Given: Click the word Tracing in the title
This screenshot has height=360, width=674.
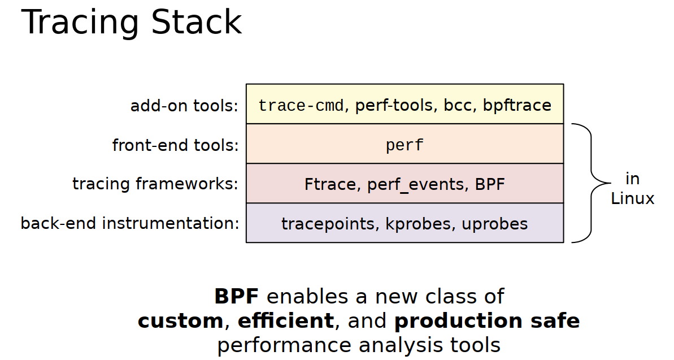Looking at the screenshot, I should (80, 24).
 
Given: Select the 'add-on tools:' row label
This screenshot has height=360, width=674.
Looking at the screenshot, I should (184, 106).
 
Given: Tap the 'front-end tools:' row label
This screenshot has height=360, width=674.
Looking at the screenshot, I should (175, 145).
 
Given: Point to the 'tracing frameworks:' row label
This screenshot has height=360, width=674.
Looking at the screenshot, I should (155, 184).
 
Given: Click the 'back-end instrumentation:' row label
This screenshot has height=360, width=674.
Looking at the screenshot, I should (130, 223).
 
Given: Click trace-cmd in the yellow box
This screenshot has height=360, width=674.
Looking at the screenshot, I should (301, 105).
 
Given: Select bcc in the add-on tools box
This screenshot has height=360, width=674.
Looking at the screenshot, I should (459, 105).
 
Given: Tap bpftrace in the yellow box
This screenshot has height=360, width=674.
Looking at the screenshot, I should (516, 105).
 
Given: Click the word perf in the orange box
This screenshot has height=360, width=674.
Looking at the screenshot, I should (405, 145).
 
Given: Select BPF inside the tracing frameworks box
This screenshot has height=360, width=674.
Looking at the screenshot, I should (489, 184).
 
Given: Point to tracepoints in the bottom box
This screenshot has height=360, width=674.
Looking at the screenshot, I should (328, 224).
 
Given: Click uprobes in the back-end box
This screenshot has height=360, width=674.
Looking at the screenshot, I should (494, 224).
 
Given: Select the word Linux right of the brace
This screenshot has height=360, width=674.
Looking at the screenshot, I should (632, 198).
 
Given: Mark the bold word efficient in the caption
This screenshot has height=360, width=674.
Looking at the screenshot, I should (285, 321).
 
